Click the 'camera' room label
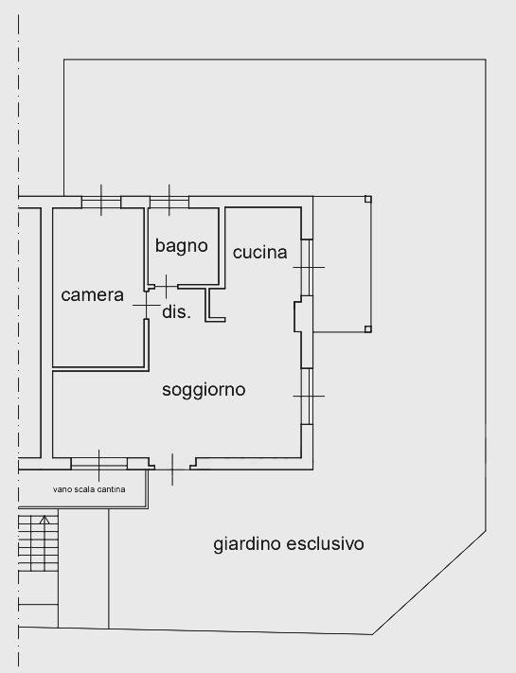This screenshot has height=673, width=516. pyautogui.click(x=92, y=295)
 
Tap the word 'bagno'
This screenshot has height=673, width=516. pyautogui.click(x=181, y=246)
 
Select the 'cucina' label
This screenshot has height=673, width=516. pyautogui.click(x=259, y=252)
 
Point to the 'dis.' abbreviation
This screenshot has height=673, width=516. pyautogui.click(x=177, y=311)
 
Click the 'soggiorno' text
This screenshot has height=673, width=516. pyautogui.click(x=204, y=389)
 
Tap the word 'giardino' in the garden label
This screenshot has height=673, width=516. pyautogui.click(x=248, y=544)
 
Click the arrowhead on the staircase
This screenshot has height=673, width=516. pyautogui.click(x=44, y=520)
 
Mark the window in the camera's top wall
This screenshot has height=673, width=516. pyautogui.click(x=101, y=201)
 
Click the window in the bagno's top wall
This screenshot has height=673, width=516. pyautogui.click(x=169, y=201)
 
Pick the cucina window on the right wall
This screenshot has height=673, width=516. pyautogui.click(x=307, y=267)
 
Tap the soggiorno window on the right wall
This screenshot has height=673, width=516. pyautogui.click(x=307, y=395)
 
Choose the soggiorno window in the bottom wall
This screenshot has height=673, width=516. pyautogui.click(x=99, y=463)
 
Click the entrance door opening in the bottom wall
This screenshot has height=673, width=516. pyautogui.click(x=172, y=464)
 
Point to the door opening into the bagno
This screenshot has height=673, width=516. pyautogui.click(x=165, y=284)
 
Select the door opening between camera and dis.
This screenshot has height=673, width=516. pyautogui.click(x=147, y=306)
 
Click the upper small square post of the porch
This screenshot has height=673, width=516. pyautogui.click(x=368, y=199)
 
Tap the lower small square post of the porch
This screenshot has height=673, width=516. pyautogui.click(x=368, y=329)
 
